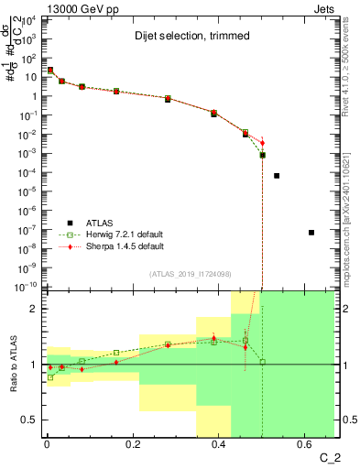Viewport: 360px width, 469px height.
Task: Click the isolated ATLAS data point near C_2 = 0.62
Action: pos(311,233)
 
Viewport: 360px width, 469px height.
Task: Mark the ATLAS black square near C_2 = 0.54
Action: pos(277,176)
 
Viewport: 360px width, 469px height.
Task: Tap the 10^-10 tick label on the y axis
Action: pos(26,286)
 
